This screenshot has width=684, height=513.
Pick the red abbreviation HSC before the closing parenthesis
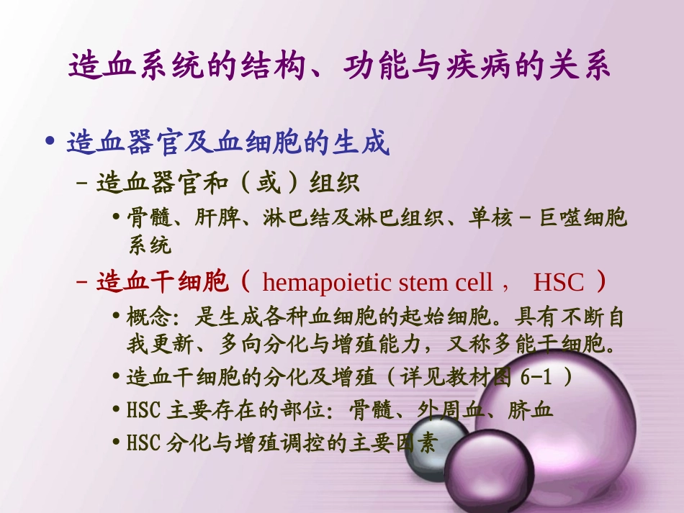point(558,282)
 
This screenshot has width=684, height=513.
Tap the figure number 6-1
point(545,377)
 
